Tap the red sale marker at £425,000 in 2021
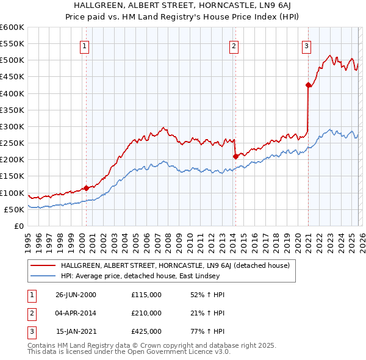click(x=308, y=85)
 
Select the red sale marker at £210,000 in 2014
click(x=235, y=156)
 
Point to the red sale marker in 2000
click(x=86, y=188)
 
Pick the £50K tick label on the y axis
click(x=13, y=209)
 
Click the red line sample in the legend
click(x=43, y=265)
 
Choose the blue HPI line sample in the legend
click(x=43, y=276)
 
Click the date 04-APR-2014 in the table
click(x=76, y=313)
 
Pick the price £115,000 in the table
click(x=146, y=295)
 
